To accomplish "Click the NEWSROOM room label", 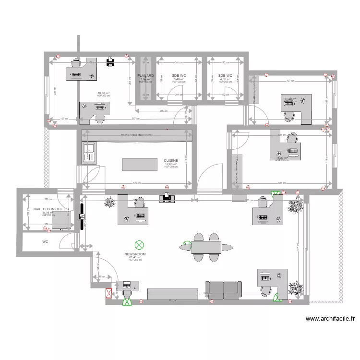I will pyautogui.click(x=135, y=253).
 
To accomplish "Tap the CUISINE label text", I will pyautogui.click(x=170, y=161).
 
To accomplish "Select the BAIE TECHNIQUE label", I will pyautogui.click(x=48, y=209).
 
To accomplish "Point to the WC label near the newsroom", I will pyautogui.click(x=45, y=242).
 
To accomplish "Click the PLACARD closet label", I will pyautogui.click(x=145, y=76).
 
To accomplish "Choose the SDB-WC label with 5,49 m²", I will pyautogui.click(x=179, y=76).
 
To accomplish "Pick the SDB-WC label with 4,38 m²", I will pyautogui.click(x=225, y=76).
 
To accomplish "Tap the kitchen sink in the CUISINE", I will pyautogui.click(x=89, y=154).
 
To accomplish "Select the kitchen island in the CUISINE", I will pyautogui.click(x=137, y=164).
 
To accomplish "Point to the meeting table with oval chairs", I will pyautogui.click(x=206, y=247).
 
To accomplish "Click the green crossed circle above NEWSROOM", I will pyautogui.click(x=139, y=245).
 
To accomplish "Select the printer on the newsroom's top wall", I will pyautogui.click(x=167, y=197).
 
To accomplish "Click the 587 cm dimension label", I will pyautogui.click(x=136, y=119).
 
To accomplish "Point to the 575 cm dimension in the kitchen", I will pyautogui.click(x=135, y=183).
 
